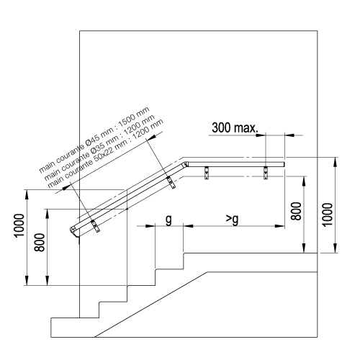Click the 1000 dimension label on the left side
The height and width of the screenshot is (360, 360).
pos(19,225)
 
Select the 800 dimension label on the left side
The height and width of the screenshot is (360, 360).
pos(40,243)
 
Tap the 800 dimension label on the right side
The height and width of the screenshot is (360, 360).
pos(296,211)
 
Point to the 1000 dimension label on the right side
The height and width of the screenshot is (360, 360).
pos(328,215)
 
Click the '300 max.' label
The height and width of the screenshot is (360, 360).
pos(235,127)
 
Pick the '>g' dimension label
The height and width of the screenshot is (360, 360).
pos(233,219)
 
